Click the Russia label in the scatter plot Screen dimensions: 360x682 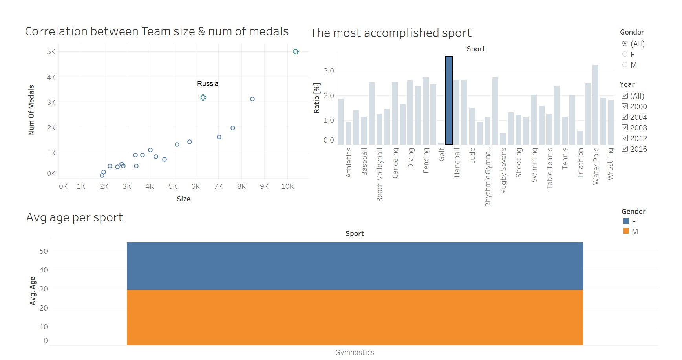point(208,84)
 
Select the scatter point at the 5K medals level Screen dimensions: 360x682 point(296,51)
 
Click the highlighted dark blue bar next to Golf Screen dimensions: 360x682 point(449,101)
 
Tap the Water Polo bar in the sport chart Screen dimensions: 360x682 point(595,105)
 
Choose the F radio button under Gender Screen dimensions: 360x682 point(625,54)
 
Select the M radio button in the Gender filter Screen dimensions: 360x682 point(625,65)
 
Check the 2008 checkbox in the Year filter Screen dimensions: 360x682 point(625,128)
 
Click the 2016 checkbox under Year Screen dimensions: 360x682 point(625,149)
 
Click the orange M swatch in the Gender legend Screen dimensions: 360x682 point(626,231)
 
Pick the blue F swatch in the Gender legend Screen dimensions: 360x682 point(626,221)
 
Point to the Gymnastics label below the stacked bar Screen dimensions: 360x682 point(355,352)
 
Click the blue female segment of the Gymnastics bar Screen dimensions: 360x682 point(355,266)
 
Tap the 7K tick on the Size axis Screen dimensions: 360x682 point(218,186)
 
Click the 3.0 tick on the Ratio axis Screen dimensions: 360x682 point(329,71)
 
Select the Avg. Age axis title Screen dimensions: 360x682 point(33,291)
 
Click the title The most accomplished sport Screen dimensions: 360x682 point(391,33)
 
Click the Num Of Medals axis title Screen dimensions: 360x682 point(31,110)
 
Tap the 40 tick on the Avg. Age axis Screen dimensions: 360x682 point(44,270)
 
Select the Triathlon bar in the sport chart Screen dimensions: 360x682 point(580,138)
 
